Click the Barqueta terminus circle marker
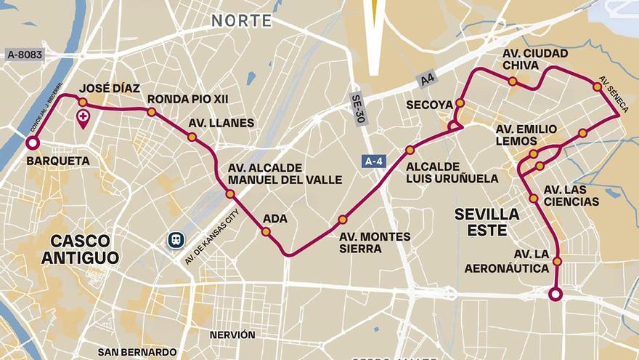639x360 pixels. pyautogui.click(x=32, y=143)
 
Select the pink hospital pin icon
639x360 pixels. pyautogui.click(x=84, y=119)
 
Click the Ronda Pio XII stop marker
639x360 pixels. pyautogui.click(x=152, y=112)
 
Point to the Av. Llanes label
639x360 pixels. pyautogui.click(x=221, y=123)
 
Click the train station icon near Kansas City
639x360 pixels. pyautogui.click(x=175, y=240)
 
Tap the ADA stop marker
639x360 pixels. pyautogui.click(x=266, y=232)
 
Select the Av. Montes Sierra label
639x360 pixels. pyautogui.click(x=375, y=242)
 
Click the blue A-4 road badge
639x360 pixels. pyautogui.click(x=373, y=161)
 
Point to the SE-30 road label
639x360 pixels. pyautogui.click(x=358, y=109)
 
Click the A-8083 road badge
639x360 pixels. pyautogui.click(x=24, y=54)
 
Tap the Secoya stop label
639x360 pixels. pyautogui.click(x=430, y=105)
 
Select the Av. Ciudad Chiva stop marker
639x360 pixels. pyautogui.click(x=513, y=81)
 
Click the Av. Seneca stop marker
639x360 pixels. pyautogui.click(x=597, y=87)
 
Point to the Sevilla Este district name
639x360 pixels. pyautogui.click(x=487, y=221)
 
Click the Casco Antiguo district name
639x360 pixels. pyautogui.click(x=80, y=249)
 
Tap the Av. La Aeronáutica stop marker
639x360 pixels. pyautogui.click(x=557, y=261)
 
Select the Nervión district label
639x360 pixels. pyautogui.click(x=232, y=335)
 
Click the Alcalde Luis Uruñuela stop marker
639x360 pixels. pyautogui.click(x=410, y=150)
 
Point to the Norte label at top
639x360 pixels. pyautogui.click(x=242, y=21)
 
